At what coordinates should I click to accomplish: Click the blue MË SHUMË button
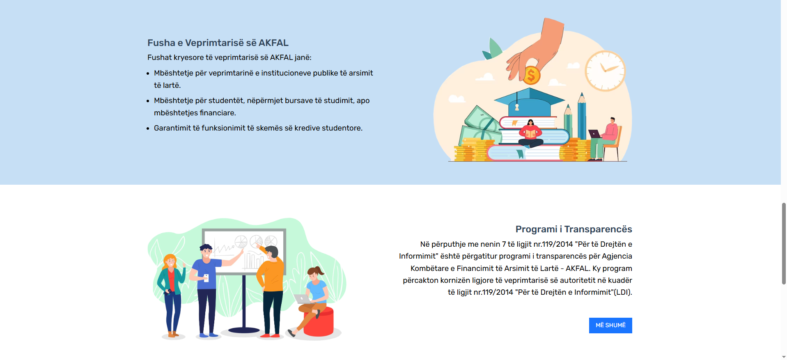pos(610,325)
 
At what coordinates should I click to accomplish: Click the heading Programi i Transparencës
pos(574,229)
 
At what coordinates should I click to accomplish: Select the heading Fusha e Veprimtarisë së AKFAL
pos(218,43)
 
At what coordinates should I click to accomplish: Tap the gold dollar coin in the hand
pos(531,75)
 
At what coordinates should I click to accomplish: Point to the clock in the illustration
pos(605,71)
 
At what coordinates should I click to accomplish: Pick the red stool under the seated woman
pos(319,322)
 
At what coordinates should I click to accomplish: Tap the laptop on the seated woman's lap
pos(303,299)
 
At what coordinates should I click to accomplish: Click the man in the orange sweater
pos(271,291)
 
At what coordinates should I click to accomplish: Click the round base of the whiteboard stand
pos(244,330)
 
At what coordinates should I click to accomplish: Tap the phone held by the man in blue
pos(206,278)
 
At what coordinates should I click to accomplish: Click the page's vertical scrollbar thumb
pos(784,243)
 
